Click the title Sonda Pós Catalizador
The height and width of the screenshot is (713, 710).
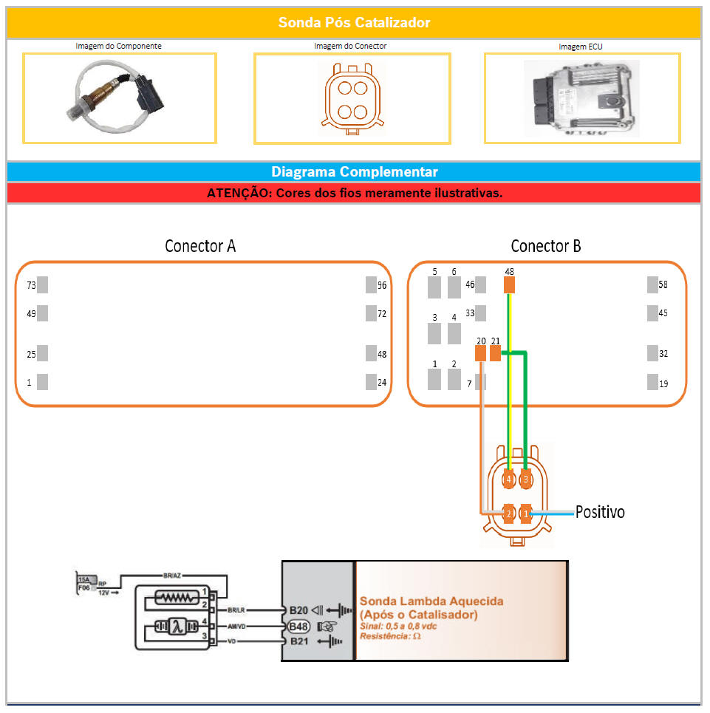click(x=354, y=23)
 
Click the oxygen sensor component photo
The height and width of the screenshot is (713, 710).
click(x=119, y=96)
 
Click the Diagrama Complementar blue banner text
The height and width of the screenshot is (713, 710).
click(x=354, y=172)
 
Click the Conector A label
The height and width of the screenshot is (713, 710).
click(x=200, y=246)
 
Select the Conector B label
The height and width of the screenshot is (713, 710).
click(x=546, y=246)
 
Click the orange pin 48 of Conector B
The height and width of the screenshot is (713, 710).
click(x=509, y=285)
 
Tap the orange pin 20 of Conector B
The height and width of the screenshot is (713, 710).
click(x=480, y=353)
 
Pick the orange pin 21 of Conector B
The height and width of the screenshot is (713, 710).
click(x=495, y=353)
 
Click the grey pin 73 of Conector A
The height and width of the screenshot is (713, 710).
click(x=42, y=284)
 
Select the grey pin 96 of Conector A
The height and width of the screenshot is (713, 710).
click(x=371, y=284)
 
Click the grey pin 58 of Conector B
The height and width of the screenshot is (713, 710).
click(x=652, y=284)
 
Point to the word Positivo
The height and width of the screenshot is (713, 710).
click(x=600, y=512)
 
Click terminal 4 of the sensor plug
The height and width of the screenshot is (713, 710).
click(x=508, y=480)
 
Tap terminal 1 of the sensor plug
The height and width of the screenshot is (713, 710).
click(x=525, y=513)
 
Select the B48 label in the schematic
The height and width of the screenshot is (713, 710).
click(x=298, y=627)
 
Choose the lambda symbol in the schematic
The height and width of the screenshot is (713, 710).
click(x=177, y=627)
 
